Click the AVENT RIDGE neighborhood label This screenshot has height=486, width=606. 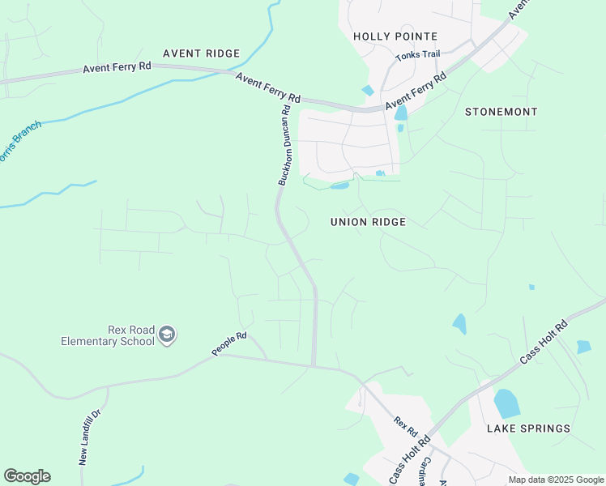pos(201,53)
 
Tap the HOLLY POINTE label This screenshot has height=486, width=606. pos(395,36)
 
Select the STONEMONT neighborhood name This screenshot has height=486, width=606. pos(501,112)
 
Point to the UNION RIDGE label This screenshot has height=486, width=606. pos(368,222)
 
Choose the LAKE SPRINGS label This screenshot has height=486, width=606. pos(528,428)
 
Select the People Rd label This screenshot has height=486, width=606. pos(228,343)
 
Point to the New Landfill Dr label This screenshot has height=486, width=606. pos(88,437)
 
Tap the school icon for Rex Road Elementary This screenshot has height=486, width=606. pos(167,335)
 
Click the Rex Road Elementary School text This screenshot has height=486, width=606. pos(107,335)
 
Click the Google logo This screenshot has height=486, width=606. pos(27,476)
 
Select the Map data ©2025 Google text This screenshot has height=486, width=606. pos(556,480)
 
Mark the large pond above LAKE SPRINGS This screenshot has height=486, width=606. pos(506,403)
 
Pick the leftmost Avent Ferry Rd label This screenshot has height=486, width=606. pos(117,69)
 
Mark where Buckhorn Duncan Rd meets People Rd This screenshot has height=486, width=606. pos(314,365)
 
